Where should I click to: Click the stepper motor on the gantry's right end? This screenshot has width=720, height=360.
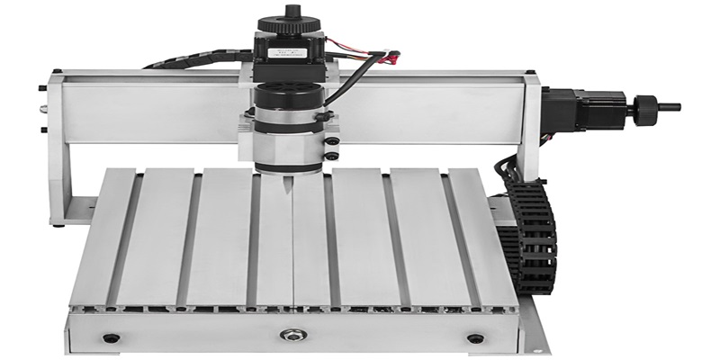click(x=576, y=107)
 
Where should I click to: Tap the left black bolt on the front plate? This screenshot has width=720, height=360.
click(x=113, y=338)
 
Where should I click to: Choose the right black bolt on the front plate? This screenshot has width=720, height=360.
click(x=474, y=338)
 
